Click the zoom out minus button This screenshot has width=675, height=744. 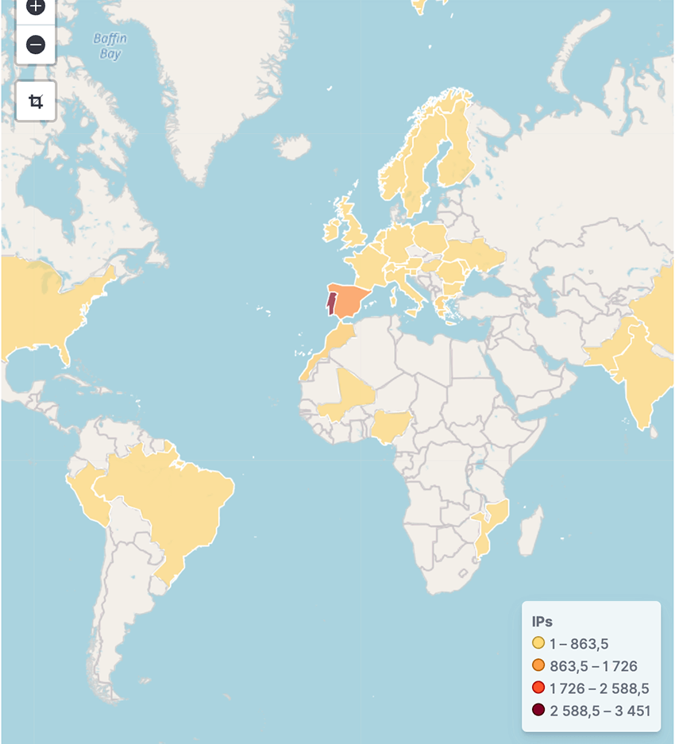click(36, 45)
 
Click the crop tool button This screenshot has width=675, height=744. click(36, 101)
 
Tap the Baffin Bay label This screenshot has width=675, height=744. click(110, 46)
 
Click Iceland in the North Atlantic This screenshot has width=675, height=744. click(293, 146)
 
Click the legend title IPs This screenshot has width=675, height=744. click(542, 621)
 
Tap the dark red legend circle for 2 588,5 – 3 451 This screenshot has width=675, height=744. click(538, 710)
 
